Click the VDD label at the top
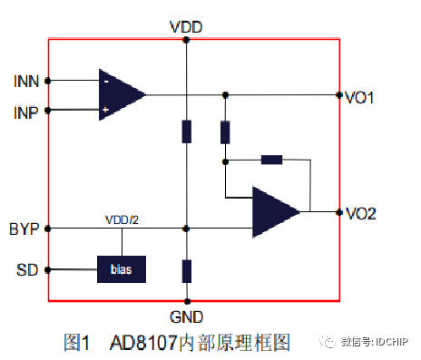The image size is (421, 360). pyautogui.click(x=185, y=26)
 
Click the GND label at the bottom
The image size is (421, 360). pyautogui.click(x=186, y=316)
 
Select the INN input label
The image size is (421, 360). pyautogui.click(x=26, y=82)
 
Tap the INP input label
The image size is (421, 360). pyautogui.click(x=26, y=112)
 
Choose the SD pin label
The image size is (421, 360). pyautogui.click(x=28, y=269)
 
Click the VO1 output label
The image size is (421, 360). pyautogui.click(x=361, y=95)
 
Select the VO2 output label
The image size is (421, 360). pyautogui.click(x=361, y=213)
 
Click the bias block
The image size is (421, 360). pyautogui.click(x=122, y=269)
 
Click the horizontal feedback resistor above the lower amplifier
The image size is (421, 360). pyautogui.click(x=271, y=161)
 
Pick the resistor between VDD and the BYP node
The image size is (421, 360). pyautogui.click(x=186, y=131)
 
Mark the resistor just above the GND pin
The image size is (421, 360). pyautogui.click(x=186, y=270)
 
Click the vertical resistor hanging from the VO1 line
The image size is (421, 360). pyautogui.click(x=225, y=131)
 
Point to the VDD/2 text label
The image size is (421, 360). pyautogui.click(x=121, y=220)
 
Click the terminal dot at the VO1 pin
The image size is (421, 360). pyautogui.click(x=339, y=94)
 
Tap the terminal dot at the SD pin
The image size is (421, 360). pyautogui.click(x=48, y=269)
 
